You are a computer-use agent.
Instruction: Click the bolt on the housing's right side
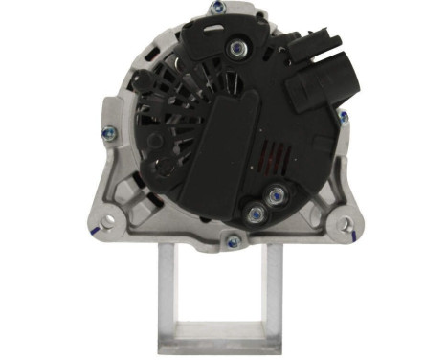pos(342,116)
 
